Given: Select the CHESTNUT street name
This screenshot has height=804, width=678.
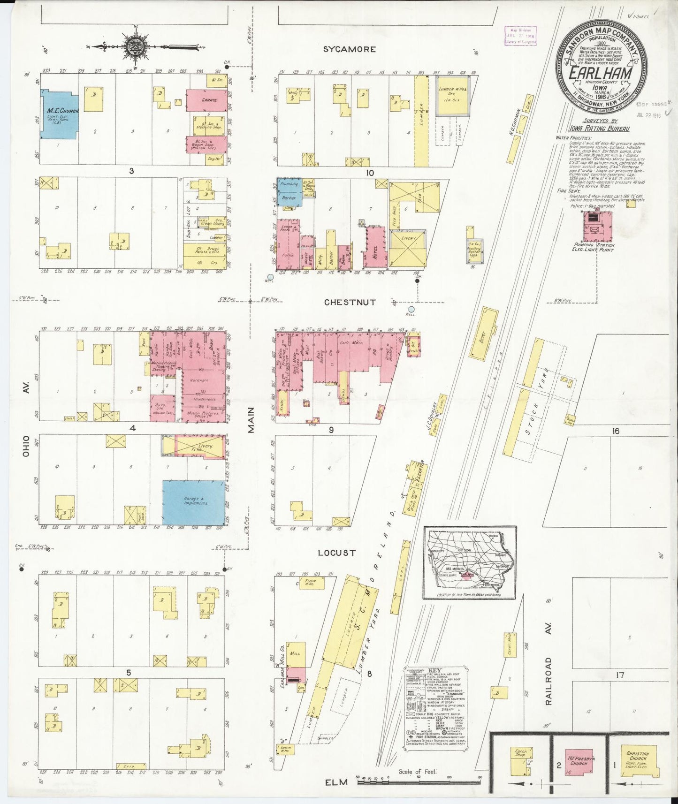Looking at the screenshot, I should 350,303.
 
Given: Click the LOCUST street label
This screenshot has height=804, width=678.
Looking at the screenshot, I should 336,553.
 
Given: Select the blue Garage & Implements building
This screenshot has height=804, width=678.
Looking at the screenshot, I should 193,502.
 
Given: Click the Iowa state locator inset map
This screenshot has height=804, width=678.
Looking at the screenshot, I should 469,562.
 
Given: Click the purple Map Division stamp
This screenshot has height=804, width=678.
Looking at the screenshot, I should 520,36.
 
